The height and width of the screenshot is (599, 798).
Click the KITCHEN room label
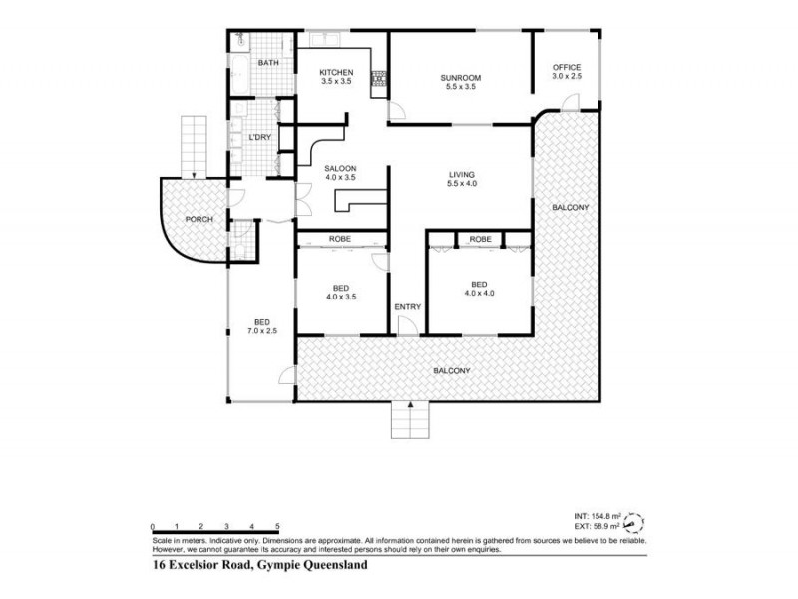pos(336,72)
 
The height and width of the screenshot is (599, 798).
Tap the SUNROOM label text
pos(461,77)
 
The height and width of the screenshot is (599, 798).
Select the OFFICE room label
pos(567,67)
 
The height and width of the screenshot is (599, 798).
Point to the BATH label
pos(267,64)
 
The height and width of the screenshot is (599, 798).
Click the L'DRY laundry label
pos(258,136)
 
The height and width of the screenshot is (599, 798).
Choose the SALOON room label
pos(340,168)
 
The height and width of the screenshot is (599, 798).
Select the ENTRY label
pos(407,306)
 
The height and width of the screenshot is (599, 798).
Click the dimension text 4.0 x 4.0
pos(479,294)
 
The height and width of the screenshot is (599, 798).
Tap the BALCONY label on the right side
pos(571,207)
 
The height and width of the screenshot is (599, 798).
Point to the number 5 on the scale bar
pos(277,526)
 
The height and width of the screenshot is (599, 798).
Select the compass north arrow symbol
pos(632,521)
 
